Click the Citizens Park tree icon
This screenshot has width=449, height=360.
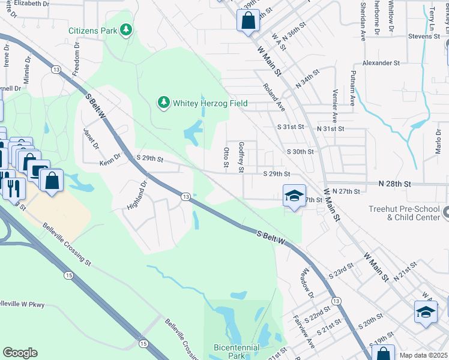tap(125, 29)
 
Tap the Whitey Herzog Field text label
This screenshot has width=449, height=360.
tap(210, 103)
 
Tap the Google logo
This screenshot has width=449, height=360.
tap(20, 353)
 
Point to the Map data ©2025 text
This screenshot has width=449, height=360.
tap(423, 356)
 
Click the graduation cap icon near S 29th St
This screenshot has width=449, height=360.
tap(294, 196)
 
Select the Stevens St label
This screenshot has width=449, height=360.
tap(424, 37)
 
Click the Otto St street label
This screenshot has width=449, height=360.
tap(226, 157)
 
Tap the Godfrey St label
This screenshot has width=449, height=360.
tap(241, 157)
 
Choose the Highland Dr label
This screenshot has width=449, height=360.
tap(136, 196)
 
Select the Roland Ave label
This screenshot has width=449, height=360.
tap(273, 97)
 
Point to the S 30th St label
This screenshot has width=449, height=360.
tap(300, 152)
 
